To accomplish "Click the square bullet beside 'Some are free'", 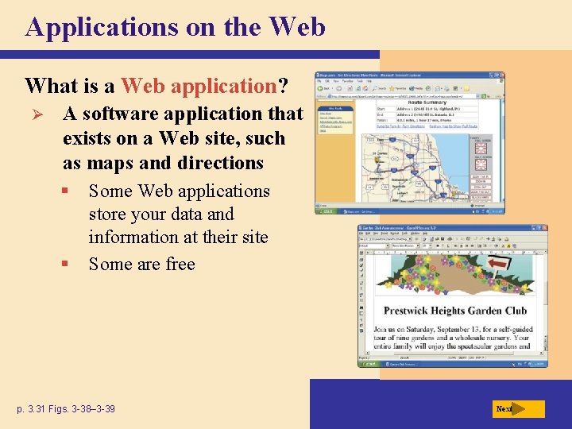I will point(72,264).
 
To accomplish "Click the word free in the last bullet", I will point(179,264).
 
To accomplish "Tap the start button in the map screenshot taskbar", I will point(328,211).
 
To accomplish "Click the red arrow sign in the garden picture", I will point(499,263).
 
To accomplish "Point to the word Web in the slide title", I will point(297,27).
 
